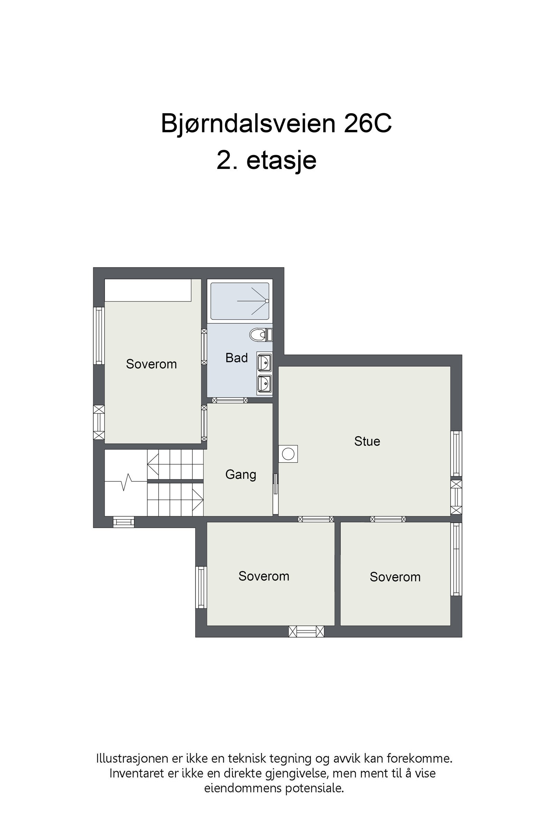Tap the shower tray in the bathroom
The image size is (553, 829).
(240, 301)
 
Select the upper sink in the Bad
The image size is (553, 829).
(264, 363)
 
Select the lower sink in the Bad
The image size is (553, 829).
(264, 383)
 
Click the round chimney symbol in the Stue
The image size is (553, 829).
(288, 454)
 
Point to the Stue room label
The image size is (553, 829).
(367, 441)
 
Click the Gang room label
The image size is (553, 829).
(241, 474)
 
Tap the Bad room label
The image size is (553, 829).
(237, 358)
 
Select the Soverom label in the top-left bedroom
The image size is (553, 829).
(151, 364)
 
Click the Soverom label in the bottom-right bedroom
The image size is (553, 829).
(395, 577)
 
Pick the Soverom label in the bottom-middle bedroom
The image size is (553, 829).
(264, 576)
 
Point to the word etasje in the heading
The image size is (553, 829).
(281, 160)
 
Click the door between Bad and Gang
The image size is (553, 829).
(230, 400)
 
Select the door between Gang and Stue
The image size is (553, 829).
(275, 484)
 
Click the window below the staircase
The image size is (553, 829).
(123, 522)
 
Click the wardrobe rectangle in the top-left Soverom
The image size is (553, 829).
(148, 290)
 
